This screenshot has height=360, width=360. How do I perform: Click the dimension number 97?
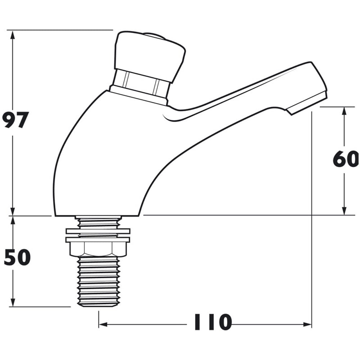[15, 120]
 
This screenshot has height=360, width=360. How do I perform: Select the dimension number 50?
[17, 257]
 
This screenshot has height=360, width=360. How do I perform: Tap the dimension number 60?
[346, 159]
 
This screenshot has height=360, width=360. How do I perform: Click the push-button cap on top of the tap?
[150, 55]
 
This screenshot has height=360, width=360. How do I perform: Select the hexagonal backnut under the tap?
[98, 249]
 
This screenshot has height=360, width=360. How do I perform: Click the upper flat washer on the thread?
[98, 231]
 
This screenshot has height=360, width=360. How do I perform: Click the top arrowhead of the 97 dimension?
[13, 35]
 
